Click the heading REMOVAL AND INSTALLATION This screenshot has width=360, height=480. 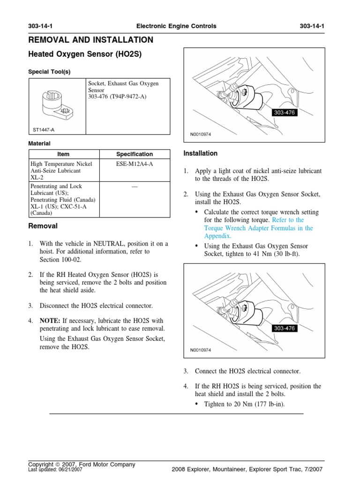[x=90, y=40]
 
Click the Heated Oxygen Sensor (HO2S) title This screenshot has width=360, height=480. [x=85, y=54]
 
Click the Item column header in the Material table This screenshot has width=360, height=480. [x=63, y=154]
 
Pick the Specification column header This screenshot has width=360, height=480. [x=135, y=154]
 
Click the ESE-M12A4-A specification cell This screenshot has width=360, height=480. [x=135, y=164]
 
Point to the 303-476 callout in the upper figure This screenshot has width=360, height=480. [x=284, y=113]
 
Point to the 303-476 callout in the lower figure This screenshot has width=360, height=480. [x=284, y=329]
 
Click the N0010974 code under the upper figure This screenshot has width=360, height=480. [x=201, y=134]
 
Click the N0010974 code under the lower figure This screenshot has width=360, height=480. [x=201, y=350]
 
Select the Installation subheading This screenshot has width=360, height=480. [x=201, y=153]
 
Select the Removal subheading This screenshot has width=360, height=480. [x=43, y=226]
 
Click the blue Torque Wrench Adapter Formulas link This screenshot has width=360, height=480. [x=258, y=228]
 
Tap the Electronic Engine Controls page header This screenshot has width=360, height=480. [x=176, y=26]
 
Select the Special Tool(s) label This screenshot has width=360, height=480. [x=50, y=72]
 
